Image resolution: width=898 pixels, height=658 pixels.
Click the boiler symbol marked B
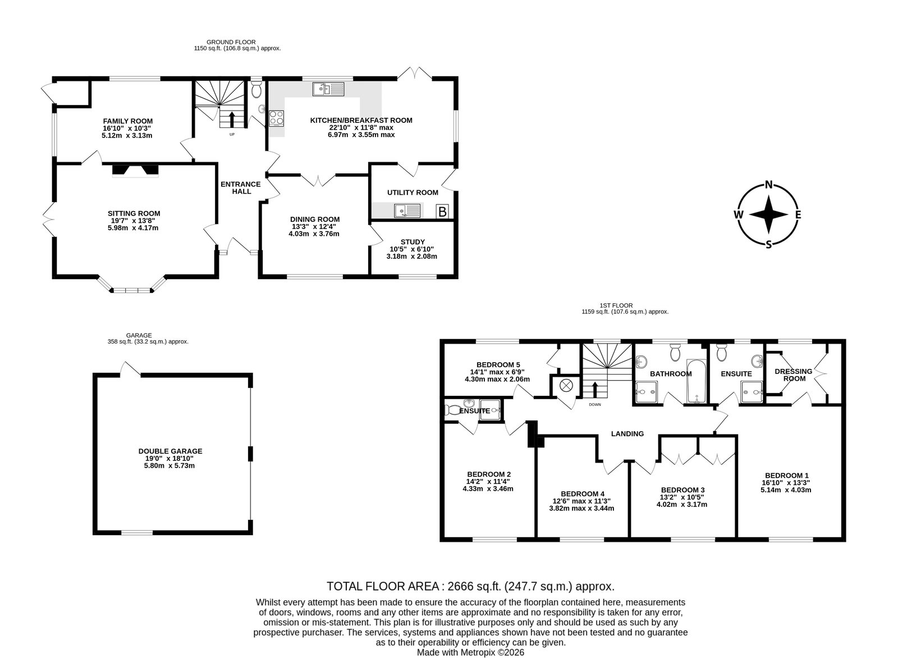442,211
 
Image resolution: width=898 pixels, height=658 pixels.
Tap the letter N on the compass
768,185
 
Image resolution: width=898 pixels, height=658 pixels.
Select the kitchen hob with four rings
276,118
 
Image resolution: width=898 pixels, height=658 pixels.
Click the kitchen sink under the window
328,89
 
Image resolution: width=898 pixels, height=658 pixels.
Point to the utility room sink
407,211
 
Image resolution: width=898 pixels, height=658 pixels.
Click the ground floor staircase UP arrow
232,119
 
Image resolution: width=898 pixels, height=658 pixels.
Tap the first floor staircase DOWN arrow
594,389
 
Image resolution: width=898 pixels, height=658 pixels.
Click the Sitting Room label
134,214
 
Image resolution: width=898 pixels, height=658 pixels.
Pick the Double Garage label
171,451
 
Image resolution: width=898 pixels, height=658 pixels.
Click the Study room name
413,242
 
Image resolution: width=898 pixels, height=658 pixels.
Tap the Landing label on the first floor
627,433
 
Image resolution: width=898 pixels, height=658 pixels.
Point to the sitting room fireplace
135,171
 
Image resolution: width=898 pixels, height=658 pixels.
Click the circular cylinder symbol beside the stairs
566,386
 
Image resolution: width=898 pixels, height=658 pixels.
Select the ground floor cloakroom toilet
256,89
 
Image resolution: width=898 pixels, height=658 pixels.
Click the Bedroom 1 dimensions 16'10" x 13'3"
786,483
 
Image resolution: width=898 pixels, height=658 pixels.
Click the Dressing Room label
794,375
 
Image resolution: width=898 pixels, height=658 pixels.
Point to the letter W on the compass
739,214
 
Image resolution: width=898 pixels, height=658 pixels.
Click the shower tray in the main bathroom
647,392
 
